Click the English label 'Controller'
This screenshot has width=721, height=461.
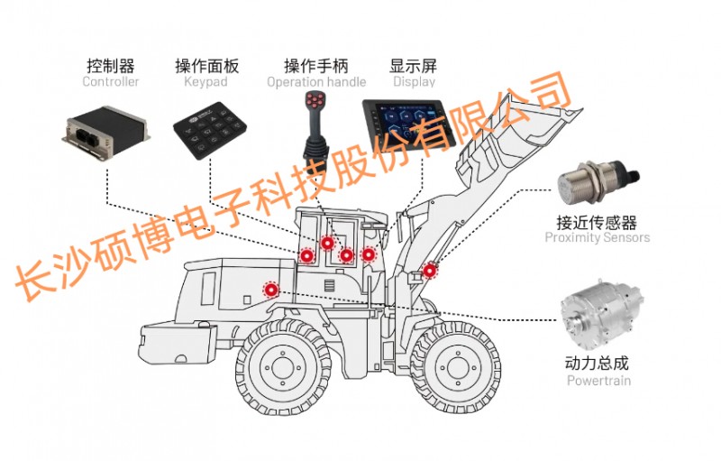pos(111,82)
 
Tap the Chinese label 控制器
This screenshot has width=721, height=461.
pos(111,65)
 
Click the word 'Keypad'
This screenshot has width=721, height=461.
pos(205,82)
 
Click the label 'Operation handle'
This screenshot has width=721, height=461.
pos(316,82)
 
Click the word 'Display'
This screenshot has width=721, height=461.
pos(414,82)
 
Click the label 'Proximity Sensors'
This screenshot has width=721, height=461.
pos(597,238)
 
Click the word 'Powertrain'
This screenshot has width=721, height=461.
pos(598,381)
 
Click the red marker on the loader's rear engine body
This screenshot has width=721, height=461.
pos(269,290)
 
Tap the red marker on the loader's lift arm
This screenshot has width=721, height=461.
pos(430,270)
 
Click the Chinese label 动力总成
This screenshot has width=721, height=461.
pos(597,364)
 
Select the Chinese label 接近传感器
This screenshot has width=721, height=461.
pos(597,221)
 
